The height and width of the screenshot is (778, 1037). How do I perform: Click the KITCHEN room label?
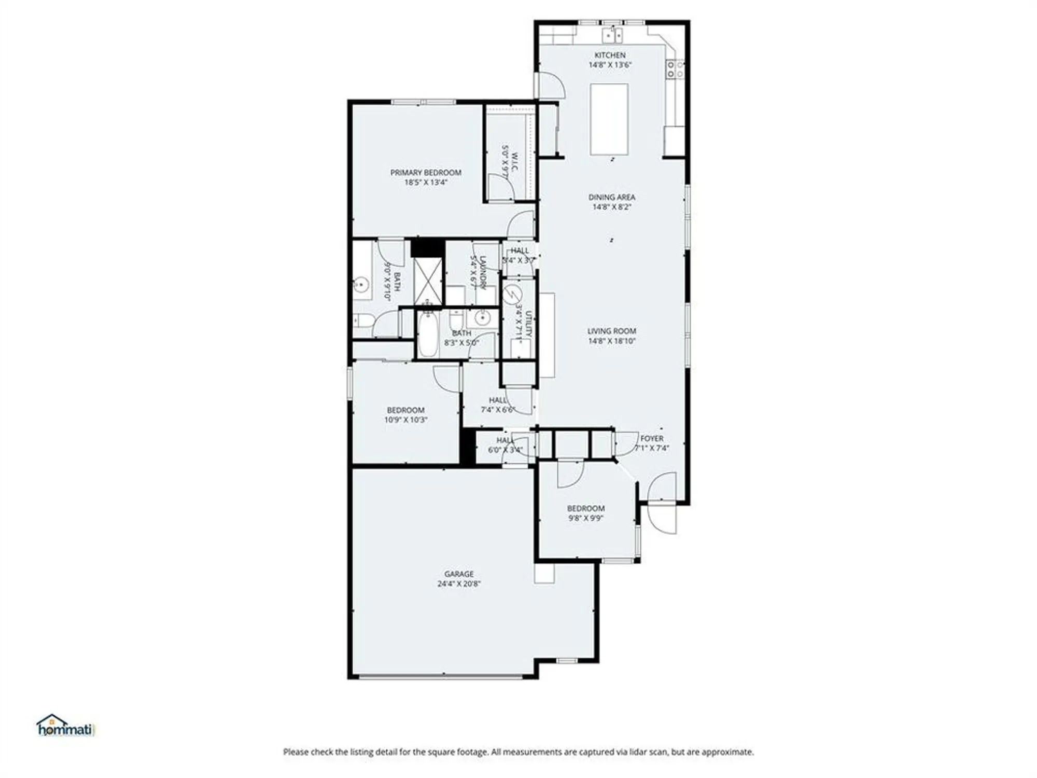point(610,55)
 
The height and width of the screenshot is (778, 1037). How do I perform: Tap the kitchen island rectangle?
point(609,119)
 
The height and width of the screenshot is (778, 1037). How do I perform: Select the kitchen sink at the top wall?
point(612,35)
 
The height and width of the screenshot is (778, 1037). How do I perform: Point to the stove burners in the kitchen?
point(675,69)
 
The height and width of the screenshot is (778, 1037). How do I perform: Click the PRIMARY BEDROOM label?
point(426,172)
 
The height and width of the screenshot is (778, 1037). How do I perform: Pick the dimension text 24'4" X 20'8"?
point(459,584)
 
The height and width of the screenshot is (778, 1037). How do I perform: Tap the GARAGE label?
point(459,574)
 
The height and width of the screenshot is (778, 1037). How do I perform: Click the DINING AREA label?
point(612,197)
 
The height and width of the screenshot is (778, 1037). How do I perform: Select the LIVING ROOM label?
point(612,331)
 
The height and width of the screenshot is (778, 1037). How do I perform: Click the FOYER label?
point(652,438)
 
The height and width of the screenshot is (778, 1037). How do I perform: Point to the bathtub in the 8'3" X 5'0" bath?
point(428,335)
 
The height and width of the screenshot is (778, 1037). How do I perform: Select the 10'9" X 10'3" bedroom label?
point(405,410)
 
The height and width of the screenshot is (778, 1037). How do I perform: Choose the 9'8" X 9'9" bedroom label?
point(586,508)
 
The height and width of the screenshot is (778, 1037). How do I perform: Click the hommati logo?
point(64,726)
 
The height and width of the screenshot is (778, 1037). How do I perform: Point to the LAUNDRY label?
point(482,272)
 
